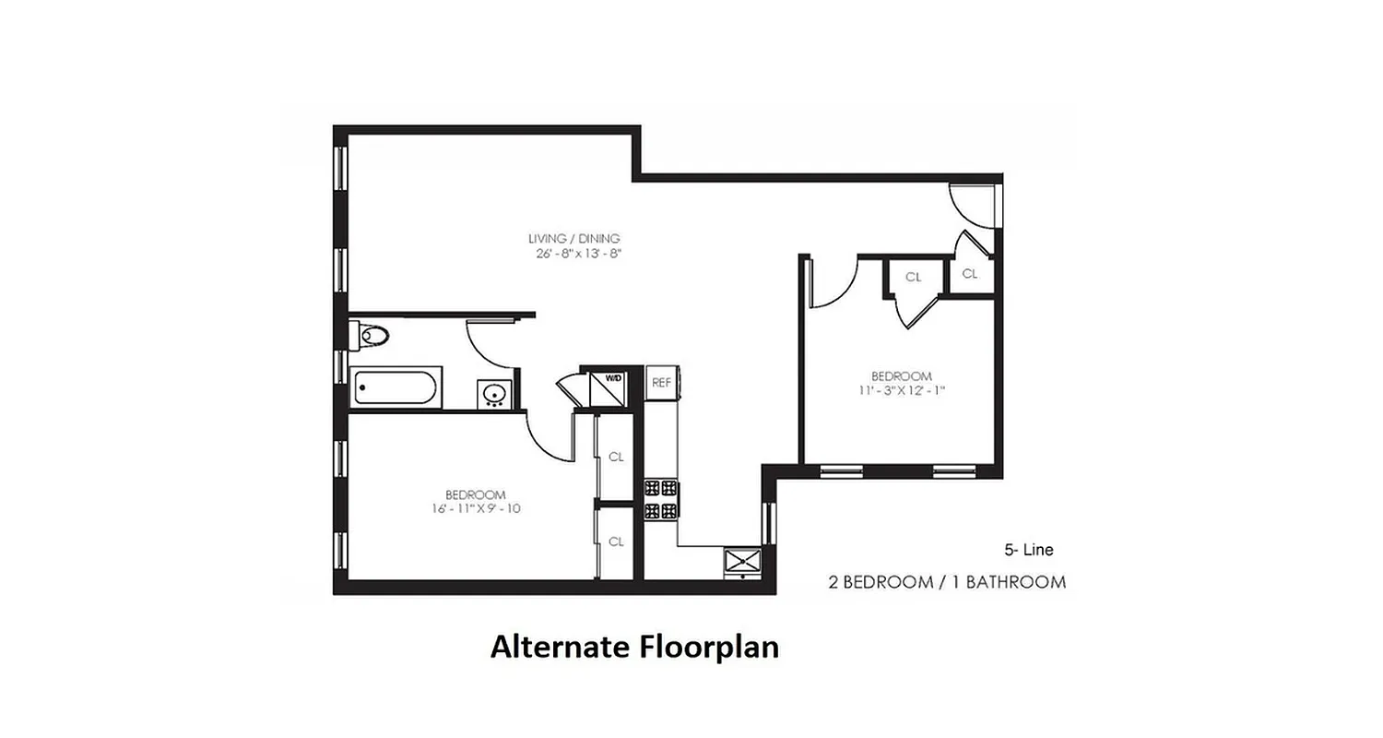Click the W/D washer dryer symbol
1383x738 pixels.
click(x=612, y=379)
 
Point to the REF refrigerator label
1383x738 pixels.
click(x=661, y=381)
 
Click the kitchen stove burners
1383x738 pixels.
click(x=660, y=499)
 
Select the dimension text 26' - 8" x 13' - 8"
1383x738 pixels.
click(x=573, y=254)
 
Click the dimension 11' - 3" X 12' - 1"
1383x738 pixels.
click(x=902, y=390)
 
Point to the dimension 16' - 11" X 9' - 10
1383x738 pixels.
click(x=475, y=508)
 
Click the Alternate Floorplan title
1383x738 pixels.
click(x=634, y=647)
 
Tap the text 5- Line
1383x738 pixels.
click(x=1028, y=550)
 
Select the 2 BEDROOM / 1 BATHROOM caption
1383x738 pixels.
click(x=947, y=582)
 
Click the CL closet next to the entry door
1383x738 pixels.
click(x=970, y=274)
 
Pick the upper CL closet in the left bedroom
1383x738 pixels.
click(x=616, y=457)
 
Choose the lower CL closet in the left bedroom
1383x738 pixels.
click(x=616, y=542)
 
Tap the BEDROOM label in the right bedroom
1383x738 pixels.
click(x=902, y=375)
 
